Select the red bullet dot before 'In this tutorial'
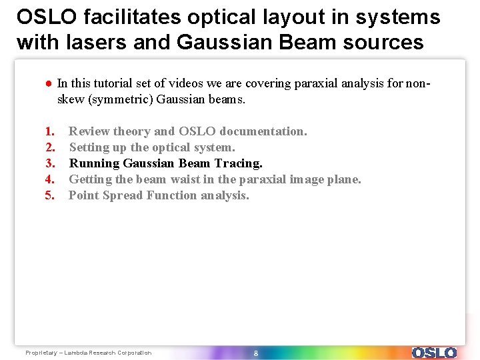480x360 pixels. coord(49,84)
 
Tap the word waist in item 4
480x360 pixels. coord(186,179)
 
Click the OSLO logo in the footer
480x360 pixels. coord(434,353)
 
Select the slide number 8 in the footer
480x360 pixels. coord(255,353)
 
